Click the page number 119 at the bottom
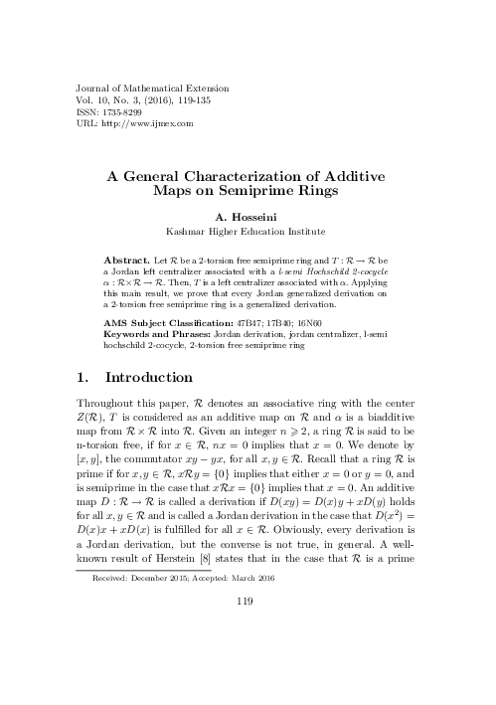point(248,655)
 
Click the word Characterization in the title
point(248,172)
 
